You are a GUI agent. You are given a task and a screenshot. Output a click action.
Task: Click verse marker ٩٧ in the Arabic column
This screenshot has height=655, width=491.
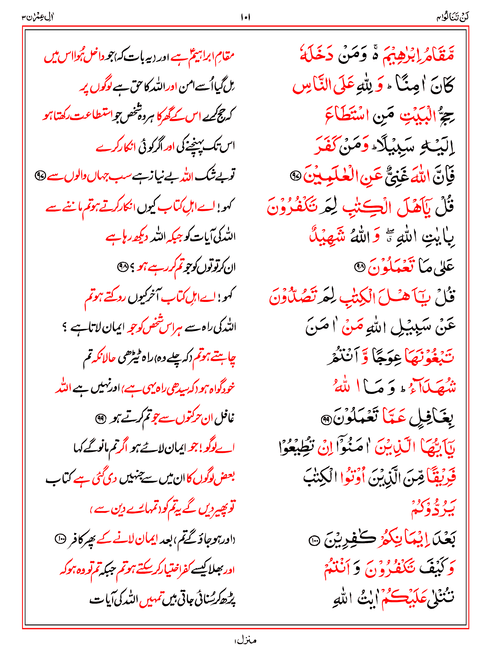(295, 175)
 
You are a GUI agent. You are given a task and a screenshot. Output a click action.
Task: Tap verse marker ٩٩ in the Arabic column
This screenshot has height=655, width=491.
(326, 419)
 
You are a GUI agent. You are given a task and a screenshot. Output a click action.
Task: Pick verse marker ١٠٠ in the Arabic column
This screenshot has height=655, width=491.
(314, 541)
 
